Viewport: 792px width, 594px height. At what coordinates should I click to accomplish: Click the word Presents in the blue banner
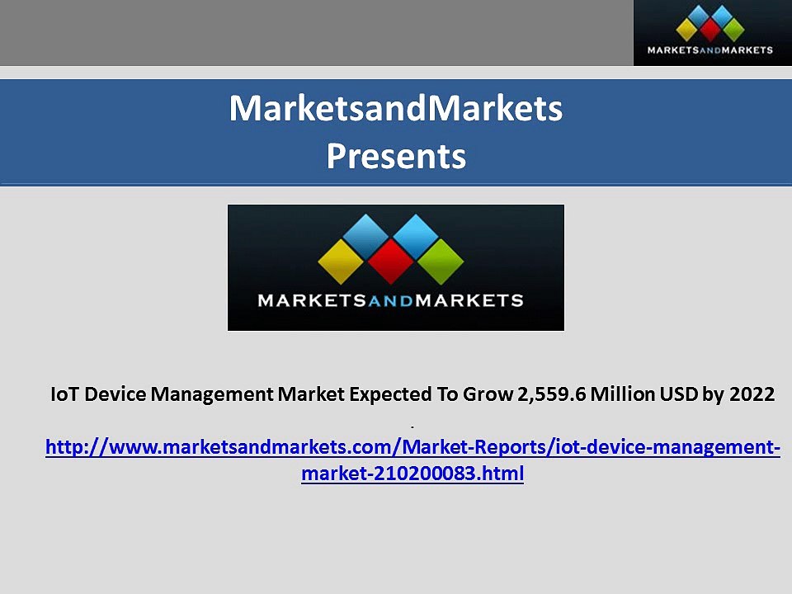pyautogui.click(x=396, y=155)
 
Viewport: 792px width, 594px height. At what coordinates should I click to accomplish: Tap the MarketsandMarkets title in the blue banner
pyautogui.click(x=396, y=108)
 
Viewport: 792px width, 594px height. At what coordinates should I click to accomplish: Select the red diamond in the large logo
pyautogui.click(x=391, y=262)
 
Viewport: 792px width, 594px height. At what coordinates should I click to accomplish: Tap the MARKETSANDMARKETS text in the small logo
pyautogui.click(x=710, y=50)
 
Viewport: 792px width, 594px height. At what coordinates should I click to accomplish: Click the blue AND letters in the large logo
pyautogui.click(x=391, y=300)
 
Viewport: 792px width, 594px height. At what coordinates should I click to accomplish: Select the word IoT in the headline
pyautogui.click(x=65, y=394)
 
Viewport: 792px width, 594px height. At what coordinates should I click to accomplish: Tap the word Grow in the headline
pyautogui.click(x=487, y=394)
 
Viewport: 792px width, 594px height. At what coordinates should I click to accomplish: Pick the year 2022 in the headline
pyautogui.click(x=752, y=394)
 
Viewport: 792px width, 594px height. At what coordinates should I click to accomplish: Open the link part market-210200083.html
pyautogui.click(x=412, y=474)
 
